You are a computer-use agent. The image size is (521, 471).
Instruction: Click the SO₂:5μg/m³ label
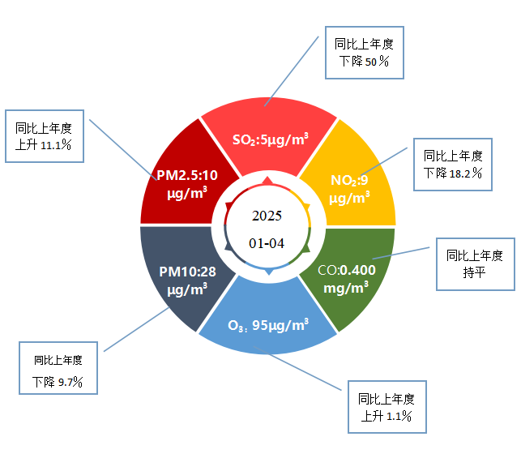(271, 139)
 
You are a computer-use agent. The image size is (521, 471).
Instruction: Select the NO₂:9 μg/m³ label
(349, 189)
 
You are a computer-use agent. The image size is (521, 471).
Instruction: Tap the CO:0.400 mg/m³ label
(347, 279)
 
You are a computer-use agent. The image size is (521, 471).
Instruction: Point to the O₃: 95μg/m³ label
(268, 325)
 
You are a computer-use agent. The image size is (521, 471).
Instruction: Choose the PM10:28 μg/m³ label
(187, 280)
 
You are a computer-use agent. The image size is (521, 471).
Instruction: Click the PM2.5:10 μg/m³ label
(187, 184)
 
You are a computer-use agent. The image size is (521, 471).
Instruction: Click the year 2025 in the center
(267, 216)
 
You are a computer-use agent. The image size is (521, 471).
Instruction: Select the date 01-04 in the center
(267, 243)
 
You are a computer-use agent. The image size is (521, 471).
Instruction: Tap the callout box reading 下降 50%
(364, 53)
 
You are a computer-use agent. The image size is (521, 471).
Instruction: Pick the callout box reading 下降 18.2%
(453, 165)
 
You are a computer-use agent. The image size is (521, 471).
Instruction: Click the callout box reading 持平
(476, 264)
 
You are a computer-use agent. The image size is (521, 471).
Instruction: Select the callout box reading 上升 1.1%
(387, 407)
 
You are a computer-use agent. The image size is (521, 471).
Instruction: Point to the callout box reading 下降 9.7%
(58, 368)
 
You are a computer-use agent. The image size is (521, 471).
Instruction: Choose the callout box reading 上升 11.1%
(45, 136)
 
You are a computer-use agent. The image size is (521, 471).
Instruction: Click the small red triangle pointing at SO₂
(267, 181)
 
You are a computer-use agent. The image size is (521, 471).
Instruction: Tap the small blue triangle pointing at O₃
(269, 272)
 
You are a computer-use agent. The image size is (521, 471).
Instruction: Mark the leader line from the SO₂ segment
(292, 71)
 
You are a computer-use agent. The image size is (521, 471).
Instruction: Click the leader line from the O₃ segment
(297, 368)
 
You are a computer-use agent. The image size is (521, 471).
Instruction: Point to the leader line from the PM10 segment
(137, 329)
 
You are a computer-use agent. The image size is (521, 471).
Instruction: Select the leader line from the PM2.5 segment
(123, 150)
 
